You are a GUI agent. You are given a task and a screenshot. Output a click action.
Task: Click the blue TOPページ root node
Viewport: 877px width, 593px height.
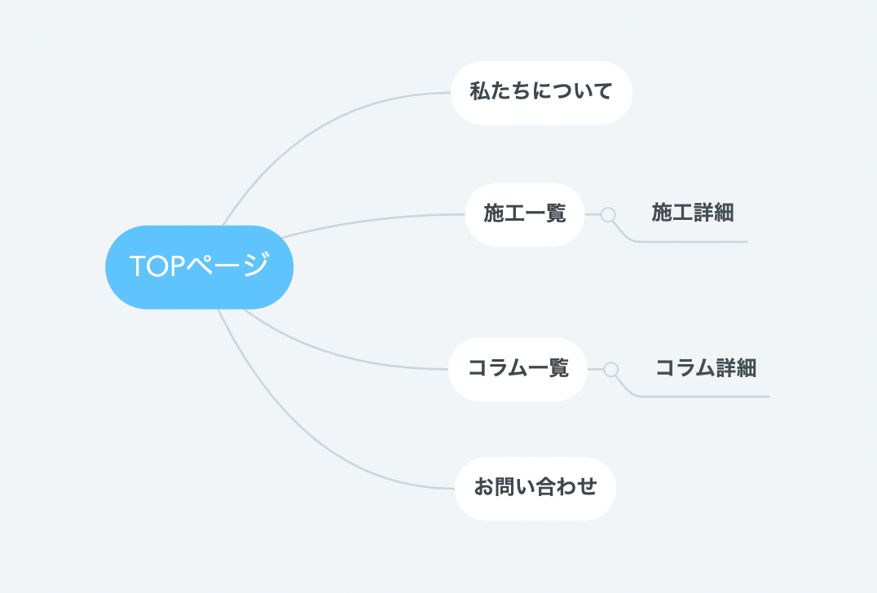coord(199,267)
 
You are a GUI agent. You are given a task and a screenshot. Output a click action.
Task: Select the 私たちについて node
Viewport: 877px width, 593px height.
coord(541,93)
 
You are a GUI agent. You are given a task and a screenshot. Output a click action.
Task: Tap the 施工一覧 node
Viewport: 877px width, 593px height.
coord(525,214)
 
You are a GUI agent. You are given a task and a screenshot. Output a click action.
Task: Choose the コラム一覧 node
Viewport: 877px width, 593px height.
coord(518,370)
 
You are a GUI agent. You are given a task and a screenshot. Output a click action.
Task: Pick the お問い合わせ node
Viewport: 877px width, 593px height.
coord(535,489)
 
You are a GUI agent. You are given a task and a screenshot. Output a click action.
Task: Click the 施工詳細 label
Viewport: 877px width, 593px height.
coord(693,213)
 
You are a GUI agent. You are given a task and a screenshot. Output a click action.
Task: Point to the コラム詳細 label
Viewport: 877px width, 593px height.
coord(706,368)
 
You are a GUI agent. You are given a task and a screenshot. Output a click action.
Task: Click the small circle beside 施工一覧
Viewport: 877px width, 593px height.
coord(608,214)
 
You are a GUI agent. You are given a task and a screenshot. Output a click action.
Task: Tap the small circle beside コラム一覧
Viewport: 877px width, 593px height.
coord(610,370)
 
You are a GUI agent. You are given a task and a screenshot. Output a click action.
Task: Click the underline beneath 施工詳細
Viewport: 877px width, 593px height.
coord(693,242)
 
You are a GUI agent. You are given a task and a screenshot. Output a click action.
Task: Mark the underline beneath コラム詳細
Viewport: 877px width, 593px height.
coord(705,397)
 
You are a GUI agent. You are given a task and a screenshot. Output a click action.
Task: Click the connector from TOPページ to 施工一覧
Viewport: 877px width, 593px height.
coord(372,221)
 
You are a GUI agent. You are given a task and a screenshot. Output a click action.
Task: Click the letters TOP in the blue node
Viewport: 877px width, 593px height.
coord(157,266)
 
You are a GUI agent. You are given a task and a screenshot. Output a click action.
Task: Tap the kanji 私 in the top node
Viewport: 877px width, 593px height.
coord(480,91)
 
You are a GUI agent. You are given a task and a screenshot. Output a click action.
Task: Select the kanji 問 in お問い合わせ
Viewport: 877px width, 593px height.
coord(505,487)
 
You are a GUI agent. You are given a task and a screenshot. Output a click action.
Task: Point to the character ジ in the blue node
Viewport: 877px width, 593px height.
coord(257,265)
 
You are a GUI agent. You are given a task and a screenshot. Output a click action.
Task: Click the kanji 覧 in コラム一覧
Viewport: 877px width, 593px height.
coord(558,367)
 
